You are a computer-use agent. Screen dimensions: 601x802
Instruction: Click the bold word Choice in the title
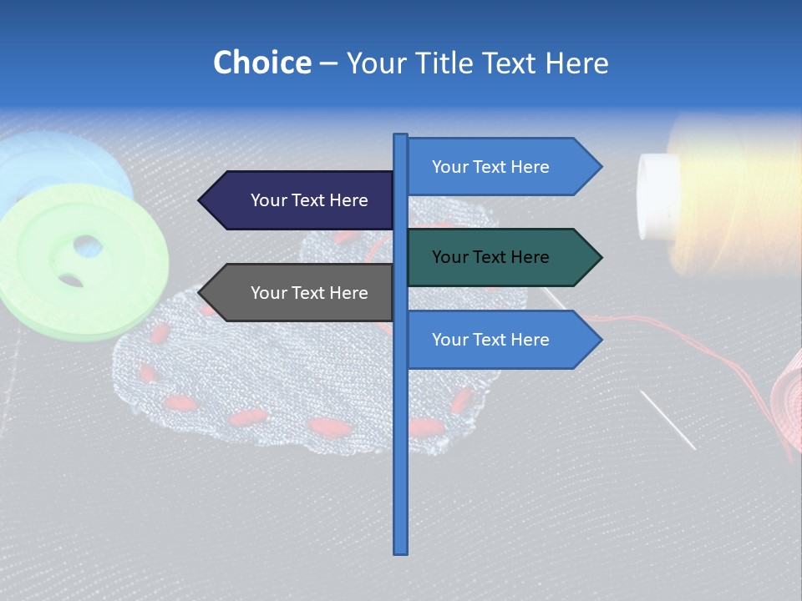261,63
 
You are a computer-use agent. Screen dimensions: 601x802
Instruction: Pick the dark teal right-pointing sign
493,257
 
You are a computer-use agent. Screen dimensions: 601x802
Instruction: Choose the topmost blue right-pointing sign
493,167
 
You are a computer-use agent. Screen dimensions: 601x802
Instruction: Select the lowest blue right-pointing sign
493,340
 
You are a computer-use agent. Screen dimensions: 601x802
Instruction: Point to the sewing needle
668,420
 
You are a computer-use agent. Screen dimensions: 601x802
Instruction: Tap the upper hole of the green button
86,246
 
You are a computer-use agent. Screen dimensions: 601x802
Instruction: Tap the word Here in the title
576,63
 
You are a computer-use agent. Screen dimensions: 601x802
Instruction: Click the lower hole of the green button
71,280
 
